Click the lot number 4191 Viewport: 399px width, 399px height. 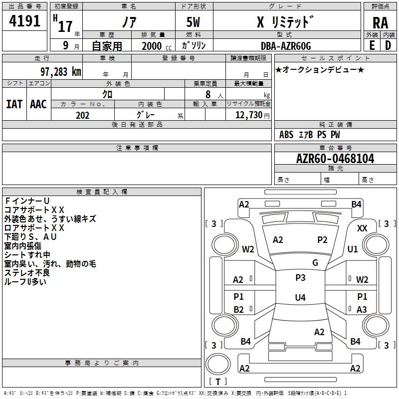coord(24,21)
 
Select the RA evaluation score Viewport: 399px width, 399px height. coord(380,23)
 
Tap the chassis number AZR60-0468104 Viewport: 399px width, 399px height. coord(335,159)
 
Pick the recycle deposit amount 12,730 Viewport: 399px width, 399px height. coord(248,115)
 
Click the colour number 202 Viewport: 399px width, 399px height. coord(82,115)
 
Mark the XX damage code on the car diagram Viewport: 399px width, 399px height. coord(363,228)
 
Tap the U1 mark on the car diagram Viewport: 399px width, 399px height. coord(353,249)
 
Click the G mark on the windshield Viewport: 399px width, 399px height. coord(315,263)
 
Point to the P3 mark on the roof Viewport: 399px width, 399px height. coord(300,278)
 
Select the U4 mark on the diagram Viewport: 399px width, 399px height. coord(300,298)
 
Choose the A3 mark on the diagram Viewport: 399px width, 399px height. coord(362,310)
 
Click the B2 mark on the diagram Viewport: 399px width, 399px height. coord(239,310)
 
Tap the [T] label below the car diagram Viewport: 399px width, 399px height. coord(217,382)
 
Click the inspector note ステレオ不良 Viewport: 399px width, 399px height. coord(27,273)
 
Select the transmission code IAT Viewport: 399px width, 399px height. coord(14,104)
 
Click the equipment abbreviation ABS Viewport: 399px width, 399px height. coord(286,135)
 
